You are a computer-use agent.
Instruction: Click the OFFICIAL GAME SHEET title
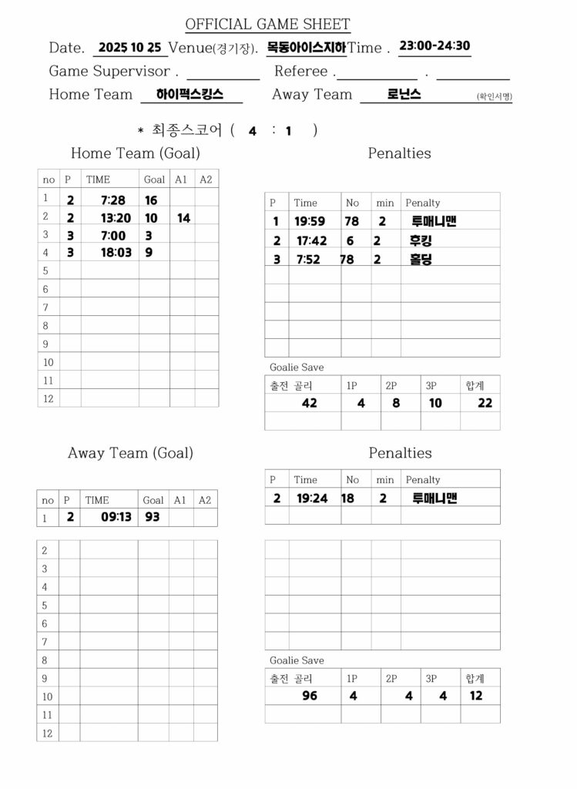coord(267,25)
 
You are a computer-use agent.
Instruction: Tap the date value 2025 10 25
coord(129,47)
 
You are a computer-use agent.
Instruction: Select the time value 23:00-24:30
coord(434,45)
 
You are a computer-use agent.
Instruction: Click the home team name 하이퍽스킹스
coord(190,95)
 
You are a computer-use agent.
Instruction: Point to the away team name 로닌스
coord(404,95)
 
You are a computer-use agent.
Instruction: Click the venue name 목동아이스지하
coord(306,48)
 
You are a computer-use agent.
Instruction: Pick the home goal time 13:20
coord(116,218)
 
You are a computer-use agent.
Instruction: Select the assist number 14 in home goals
coord(183,218)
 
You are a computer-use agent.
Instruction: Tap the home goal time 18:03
coord(116,252)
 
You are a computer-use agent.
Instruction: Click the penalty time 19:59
coord(310,222)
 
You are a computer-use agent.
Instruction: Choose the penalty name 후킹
coord(421,240)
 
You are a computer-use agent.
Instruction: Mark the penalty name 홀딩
coord(421,260)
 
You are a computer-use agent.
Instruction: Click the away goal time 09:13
coord(117,517)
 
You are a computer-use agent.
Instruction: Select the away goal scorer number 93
coord(153,517)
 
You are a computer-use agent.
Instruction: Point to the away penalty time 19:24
coord(312,499)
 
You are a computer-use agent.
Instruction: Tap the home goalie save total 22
coord(485,402)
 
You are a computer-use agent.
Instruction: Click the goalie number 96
coord(310,696)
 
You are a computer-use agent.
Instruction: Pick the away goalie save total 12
coord(476,696)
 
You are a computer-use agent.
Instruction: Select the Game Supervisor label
coord(109,72)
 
